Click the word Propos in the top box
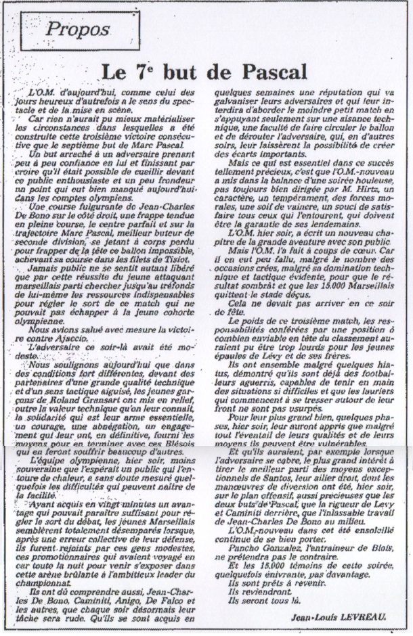point(79,30)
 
